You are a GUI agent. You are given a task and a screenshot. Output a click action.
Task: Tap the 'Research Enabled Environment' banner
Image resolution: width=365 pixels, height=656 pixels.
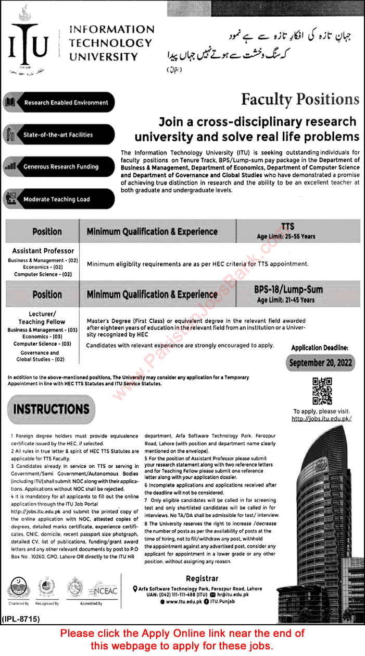coord(59,103)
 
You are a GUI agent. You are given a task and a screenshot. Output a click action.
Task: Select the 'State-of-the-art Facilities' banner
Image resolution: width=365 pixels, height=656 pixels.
coord(59,135)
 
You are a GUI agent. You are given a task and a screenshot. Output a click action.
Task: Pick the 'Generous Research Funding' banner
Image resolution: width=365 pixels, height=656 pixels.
coord(59,167)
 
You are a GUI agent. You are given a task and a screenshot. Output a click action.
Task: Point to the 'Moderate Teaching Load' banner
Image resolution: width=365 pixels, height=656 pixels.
coord(59,199)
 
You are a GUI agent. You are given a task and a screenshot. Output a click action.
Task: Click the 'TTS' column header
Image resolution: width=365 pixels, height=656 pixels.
coord(287,226)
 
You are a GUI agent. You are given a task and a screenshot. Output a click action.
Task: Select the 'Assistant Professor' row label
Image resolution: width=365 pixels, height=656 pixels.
coord(43,251)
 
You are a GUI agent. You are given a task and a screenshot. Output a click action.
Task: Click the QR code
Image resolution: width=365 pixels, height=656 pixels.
coord(322,391)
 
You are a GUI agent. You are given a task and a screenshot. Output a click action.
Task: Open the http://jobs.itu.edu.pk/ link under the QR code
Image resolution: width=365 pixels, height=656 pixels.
coord(322,419)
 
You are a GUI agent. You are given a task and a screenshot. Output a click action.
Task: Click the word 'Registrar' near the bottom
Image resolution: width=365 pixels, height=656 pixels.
coord(201,579)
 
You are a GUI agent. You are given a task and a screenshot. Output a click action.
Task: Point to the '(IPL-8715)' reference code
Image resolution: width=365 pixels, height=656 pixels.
coord(23,619)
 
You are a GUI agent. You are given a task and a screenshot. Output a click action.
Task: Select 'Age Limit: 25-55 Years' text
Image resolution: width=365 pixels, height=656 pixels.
coord(286,236)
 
